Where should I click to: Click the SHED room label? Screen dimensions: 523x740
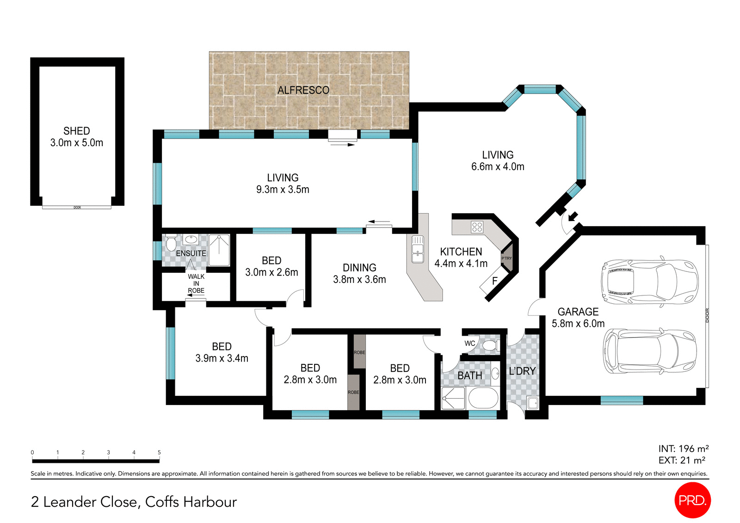(77, 131)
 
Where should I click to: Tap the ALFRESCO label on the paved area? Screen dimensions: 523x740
(303, 90)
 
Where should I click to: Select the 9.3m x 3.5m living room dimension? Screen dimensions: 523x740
(283, 190)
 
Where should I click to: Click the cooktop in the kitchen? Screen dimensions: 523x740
(477, 227)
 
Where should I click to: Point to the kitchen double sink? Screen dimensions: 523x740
(418, 249)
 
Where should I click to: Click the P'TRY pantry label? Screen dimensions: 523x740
(506, 258)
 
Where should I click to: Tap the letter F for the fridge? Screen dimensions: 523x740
(494, 281)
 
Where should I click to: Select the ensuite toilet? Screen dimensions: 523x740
(171, 243)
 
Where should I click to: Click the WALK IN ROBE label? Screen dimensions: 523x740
(196, 283)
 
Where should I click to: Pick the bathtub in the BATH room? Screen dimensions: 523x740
(483, 398)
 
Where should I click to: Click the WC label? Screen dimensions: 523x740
(470, 343)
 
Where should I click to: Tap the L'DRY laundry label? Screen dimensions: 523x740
(522, 371)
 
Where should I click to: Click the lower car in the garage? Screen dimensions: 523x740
(649, 351)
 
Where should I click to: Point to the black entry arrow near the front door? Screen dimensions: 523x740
(573, 216)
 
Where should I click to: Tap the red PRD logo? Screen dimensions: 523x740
(692, 500)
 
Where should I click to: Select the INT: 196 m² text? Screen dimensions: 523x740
(683, 449)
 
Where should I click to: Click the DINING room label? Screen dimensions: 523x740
(359, 268)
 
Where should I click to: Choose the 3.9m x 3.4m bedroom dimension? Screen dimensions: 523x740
(222, 358)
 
